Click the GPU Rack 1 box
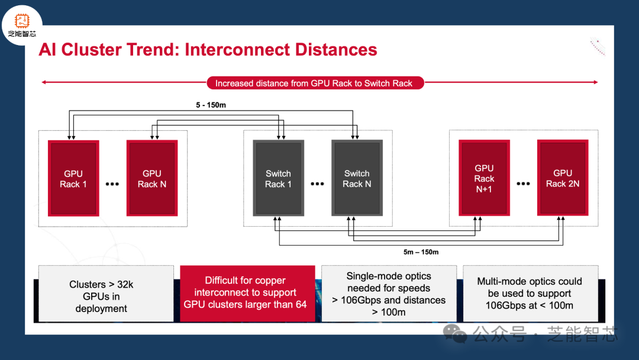pos(73,178)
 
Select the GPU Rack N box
pos(152,178)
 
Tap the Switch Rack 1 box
pos(278,178)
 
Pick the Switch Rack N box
pos(357,178)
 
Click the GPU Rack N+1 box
pos(484,178)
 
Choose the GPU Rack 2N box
pos(563,178)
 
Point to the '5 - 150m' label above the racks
pos(211,105)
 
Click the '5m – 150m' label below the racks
pos(421,252)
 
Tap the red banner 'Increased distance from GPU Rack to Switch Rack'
pos(315,83)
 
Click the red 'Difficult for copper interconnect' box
pos(247,294)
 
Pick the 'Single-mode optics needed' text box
pos(389,294)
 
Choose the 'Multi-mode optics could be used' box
pos(531,294)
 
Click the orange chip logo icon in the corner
pos(22,21)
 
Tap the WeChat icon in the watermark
pos(455,333)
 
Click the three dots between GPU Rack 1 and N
pos(112,184)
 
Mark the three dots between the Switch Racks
pos(318,184)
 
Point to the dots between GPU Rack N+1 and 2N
pos(523,184)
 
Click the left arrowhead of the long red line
pos(44,82)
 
